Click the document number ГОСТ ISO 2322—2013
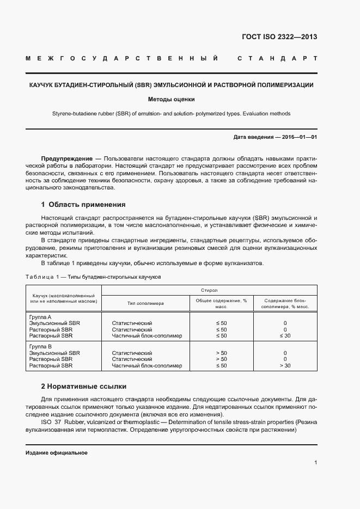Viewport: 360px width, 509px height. point(279,38)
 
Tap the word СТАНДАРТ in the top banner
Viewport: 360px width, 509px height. point(277,58)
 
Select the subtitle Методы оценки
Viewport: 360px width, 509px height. point(171,100)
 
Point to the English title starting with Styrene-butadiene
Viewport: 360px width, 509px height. point(171,114)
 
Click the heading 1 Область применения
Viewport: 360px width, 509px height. point(83,205)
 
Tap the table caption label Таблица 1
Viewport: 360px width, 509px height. point(42,277)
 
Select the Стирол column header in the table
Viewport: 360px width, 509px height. point(209,291)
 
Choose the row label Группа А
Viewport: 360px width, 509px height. point(40,317)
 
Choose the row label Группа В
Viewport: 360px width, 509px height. point(40,346)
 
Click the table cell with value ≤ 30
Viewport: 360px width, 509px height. point(285,336)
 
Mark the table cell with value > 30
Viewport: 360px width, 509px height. point(285,365)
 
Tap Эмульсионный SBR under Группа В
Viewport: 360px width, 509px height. point(54,353)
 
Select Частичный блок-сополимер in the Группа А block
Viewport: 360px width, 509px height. point(143,336)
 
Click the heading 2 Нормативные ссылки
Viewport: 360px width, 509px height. point(84,387)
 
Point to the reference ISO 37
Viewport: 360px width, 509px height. point(51,422)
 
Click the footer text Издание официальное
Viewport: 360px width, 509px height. point(56,453)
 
